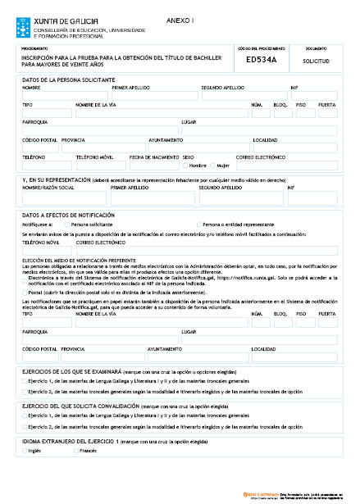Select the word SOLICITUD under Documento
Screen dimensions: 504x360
[316, 61]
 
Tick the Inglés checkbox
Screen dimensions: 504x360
[25, 450]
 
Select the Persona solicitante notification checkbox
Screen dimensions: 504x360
[68, 223]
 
